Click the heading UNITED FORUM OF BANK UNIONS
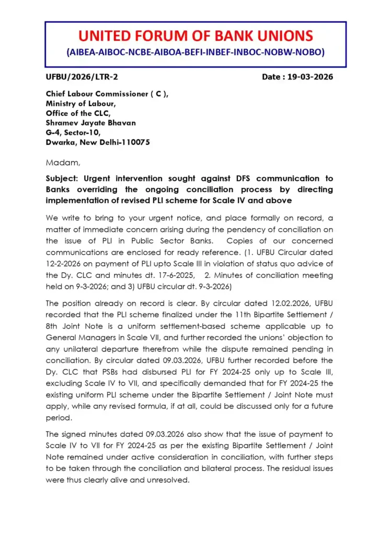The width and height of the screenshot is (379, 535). click(196, 36)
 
